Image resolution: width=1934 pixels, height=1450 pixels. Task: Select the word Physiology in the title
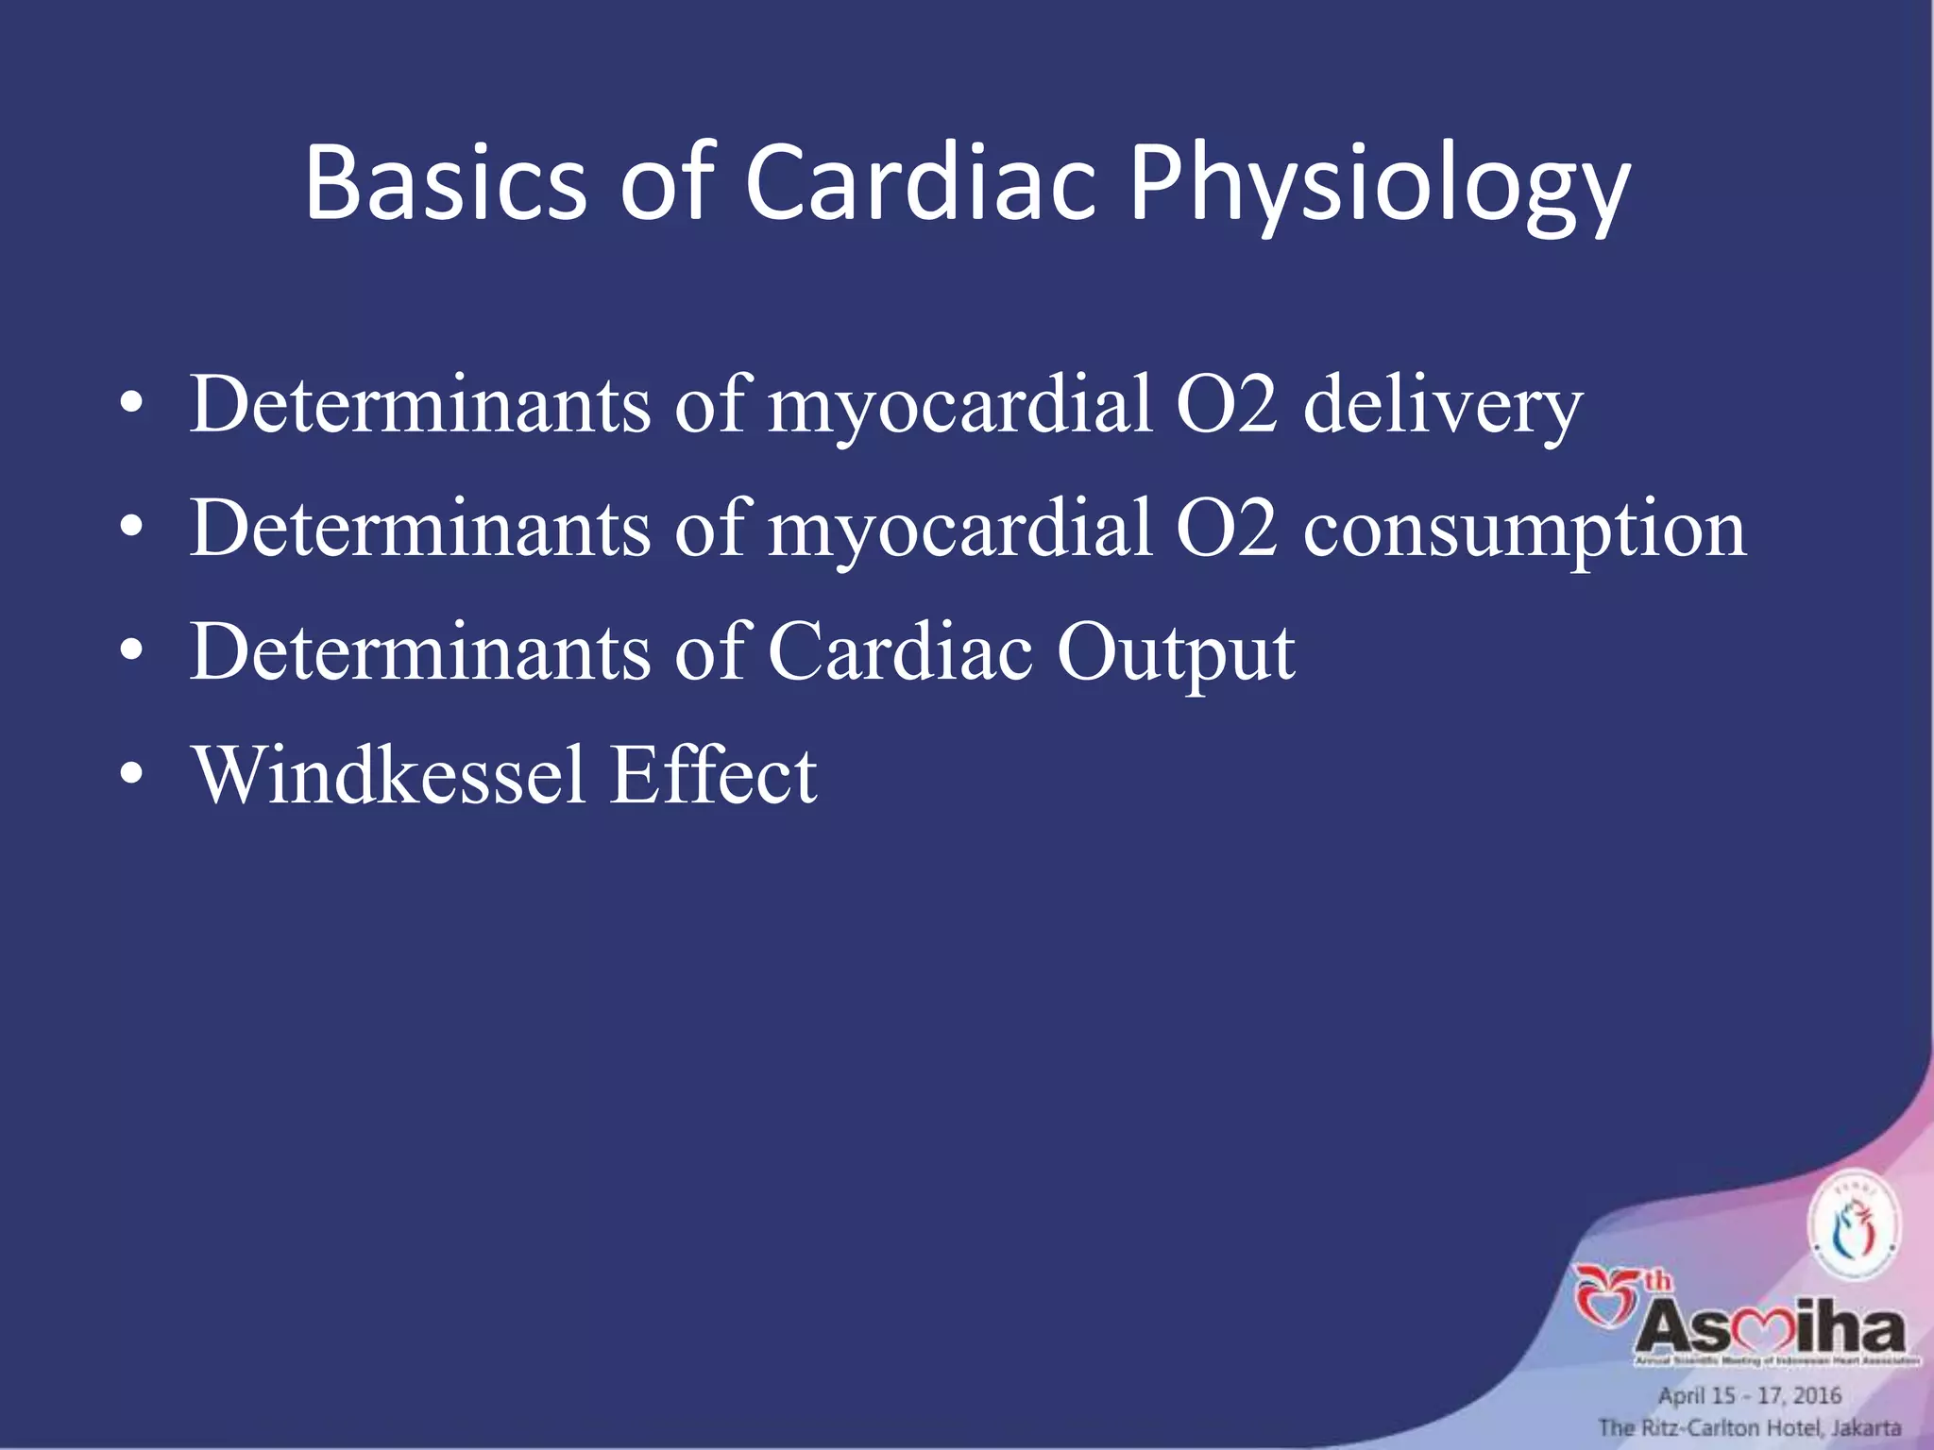click(x=1379, y=189)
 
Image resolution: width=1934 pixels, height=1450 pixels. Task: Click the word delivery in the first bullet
click(x=1442, y=405)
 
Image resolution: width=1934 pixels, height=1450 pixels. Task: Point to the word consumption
click(x=1524, y=530)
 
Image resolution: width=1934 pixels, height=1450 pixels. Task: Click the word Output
click(x=1176, y=653)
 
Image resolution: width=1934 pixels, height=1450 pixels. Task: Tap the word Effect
click(x=713, y=775)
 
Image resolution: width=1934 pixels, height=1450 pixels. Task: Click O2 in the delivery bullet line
click(x=1226, y=405)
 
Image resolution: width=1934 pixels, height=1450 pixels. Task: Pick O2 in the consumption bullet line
click(x=1226, y=530)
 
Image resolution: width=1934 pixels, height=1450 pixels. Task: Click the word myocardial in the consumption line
click(x=959, y=530)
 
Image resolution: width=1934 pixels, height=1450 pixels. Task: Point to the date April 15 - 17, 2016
click(x=1749, y=1395)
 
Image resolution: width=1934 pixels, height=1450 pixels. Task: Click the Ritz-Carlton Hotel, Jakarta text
click(x=1749, y=1427)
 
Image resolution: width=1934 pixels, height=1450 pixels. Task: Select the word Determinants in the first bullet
click(x=420, y=405)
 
